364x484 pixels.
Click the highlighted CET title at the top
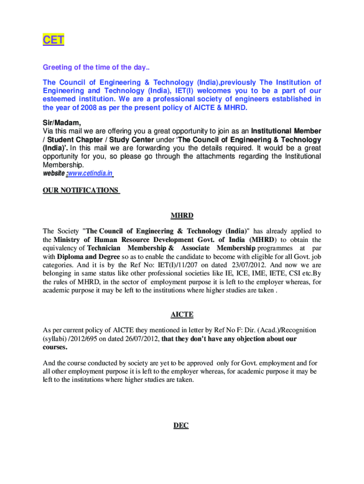point(53,40)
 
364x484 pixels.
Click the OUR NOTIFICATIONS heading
point(81,190)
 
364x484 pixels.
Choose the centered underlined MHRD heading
point(182,216)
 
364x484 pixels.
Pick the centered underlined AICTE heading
point(182,314)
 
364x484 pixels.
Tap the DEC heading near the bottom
point(181,425)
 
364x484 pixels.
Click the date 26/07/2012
point(140,339)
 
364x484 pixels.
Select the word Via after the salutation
point(49,131)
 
